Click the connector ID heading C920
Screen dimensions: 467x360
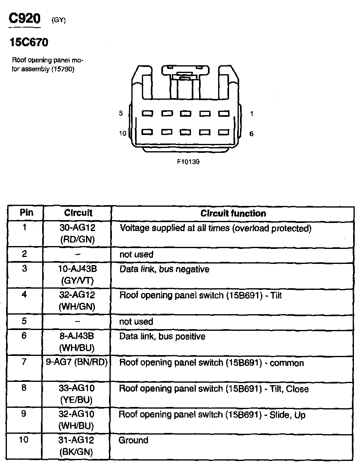[x=25, y=19]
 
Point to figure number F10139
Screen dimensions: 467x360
[x=188, y=161]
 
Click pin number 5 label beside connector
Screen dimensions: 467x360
[x=121, y=114]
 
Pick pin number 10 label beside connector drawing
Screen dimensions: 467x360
[x=122, y=133]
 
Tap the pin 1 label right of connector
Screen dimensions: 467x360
[x=251, y=114]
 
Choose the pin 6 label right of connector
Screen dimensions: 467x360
[x=251, y=134]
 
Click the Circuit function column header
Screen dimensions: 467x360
[x=233, y=213]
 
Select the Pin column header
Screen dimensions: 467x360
[x=26, y=213]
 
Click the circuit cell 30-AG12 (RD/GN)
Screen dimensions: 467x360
[x=77, y=233]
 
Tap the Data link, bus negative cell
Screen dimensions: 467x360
[x=164, y=269]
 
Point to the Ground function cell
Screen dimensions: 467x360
[x=133, y=440]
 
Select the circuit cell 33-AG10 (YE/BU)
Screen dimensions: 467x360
[x=77, y=394]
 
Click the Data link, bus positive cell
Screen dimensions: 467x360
[x=162, y=336]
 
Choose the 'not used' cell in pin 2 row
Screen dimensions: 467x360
[x=136, y=255]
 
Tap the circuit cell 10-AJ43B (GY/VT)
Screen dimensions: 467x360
[x=77, y=274]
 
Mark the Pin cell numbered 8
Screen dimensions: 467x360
[x=24, y=388]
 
